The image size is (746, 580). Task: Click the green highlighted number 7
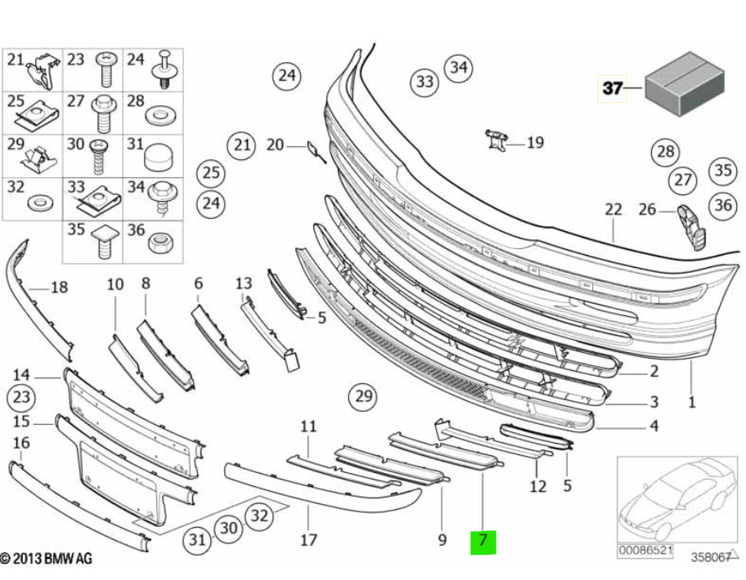(483, 542)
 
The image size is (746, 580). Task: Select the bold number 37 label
(612, 88)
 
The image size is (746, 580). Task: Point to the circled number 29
(363, 395)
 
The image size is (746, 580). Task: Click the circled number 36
(723, 205)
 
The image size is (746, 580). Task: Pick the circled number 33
(425, 82)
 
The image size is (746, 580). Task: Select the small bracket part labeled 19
(497, 141)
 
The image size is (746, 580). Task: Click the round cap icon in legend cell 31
(158, 157)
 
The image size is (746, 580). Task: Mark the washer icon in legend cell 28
(160, 116)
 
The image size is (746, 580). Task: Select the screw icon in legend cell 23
(106, 69)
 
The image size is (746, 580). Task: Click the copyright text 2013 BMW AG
(46, 559)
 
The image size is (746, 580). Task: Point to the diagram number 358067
(710, 557)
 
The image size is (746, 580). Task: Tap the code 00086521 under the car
(645, 551)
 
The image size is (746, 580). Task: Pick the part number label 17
(308, 540)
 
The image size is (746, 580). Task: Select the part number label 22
(613, 209)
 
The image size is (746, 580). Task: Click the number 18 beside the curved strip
(59, 287)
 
